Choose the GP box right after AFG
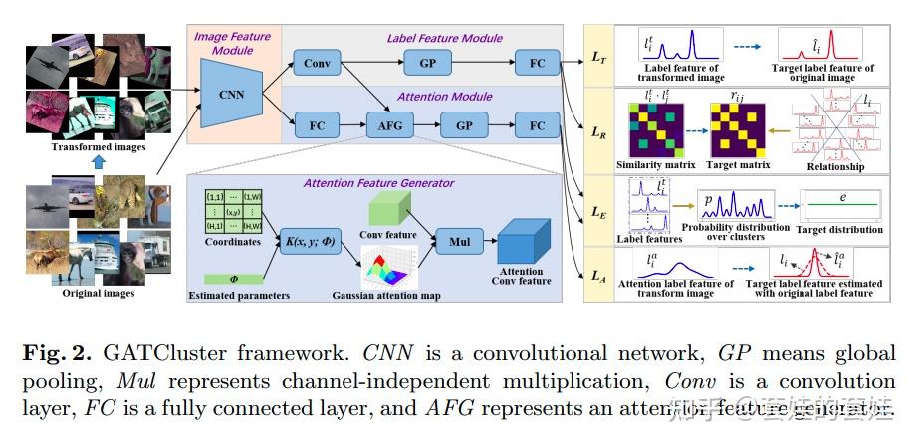coord(464,127)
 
